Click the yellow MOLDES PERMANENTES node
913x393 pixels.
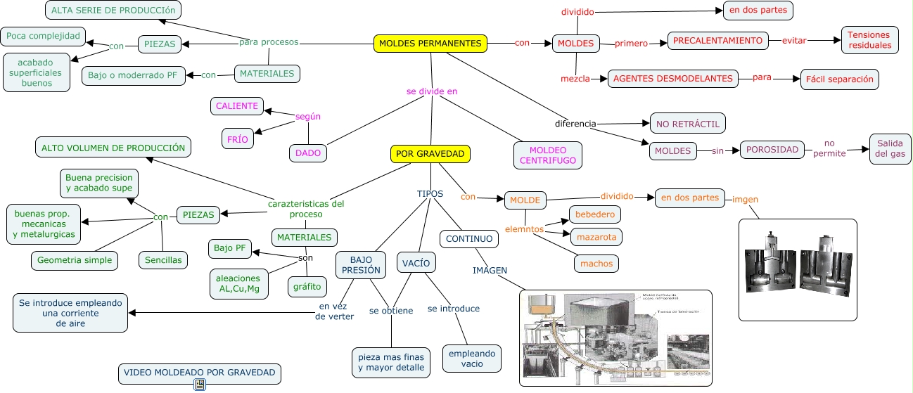coord(430,44)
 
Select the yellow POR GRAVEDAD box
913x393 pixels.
coord(430,154)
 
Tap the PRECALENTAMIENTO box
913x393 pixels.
coord(717,41)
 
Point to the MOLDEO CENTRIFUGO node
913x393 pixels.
coord(548,155)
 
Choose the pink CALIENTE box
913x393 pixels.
coord(237,107)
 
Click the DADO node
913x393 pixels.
coord(308,153)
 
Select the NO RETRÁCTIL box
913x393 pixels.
coord(687,124)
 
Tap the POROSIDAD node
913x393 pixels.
coord(772,150)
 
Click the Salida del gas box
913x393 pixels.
coord(890,149)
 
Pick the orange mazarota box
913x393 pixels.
coord(595,237)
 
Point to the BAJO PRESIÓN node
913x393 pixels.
coord(361,264)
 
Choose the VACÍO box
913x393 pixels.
coord(416,263)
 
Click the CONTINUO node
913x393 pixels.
coord(469,239)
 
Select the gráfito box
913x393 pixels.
coord(307,286)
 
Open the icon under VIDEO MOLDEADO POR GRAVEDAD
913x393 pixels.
coord(200,385)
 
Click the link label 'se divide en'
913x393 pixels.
coord(431,91)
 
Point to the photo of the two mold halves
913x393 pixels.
coord(798,270)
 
